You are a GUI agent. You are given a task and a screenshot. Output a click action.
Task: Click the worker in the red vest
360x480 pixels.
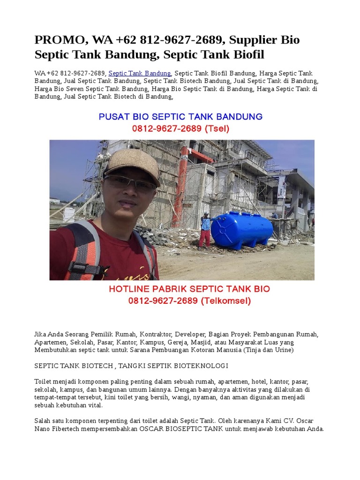point(205,230)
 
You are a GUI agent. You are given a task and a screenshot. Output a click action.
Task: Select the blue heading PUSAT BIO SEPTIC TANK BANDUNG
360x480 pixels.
point(180,116)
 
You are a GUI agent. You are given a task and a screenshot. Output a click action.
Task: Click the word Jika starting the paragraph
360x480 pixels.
point(41,334)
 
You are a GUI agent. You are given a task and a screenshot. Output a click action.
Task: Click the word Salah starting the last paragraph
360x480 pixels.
point(43,420)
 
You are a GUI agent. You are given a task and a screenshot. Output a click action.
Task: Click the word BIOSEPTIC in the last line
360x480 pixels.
point(185,428)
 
